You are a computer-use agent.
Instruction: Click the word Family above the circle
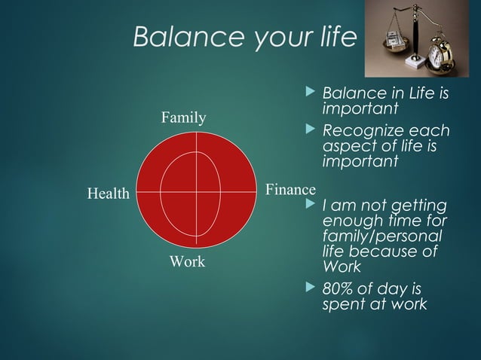click(183, 117)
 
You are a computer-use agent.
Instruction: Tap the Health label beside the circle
click(109, 194)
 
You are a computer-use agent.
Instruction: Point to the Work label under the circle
click(187, 262)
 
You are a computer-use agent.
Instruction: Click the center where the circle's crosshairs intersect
click(197, 192)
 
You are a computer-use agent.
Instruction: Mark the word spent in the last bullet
click(344, 304)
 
